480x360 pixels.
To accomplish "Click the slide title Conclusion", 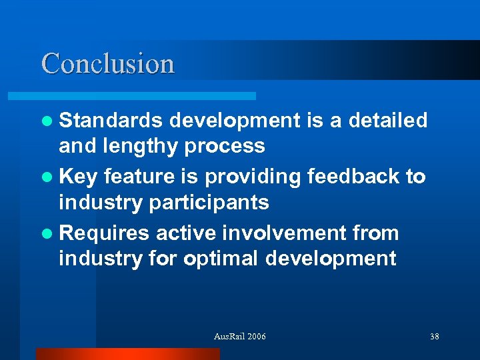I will coord(108,63).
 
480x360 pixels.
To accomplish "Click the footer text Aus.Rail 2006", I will coord(239,337).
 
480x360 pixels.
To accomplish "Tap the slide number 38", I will coord(434,337).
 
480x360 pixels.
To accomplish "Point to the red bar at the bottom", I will coord(127,354).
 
